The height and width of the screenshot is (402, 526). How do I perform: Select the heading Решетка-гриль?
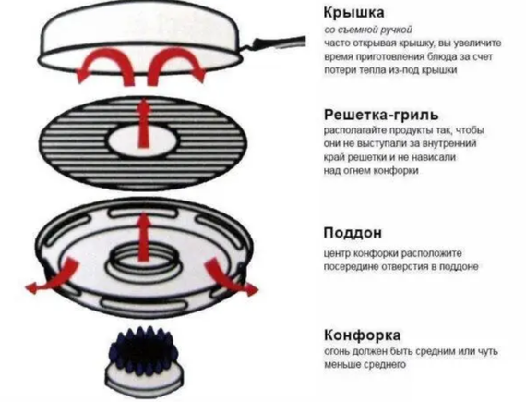coord(384,116)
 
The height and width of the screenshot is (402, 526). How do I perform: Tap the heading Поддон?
coord(353,234)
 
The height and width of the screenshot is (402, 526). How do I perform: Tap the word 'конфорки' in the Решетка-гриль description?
coord(393,171)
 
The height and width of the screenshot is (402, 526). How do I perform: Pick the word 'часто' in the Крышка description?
coord(338,43)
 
